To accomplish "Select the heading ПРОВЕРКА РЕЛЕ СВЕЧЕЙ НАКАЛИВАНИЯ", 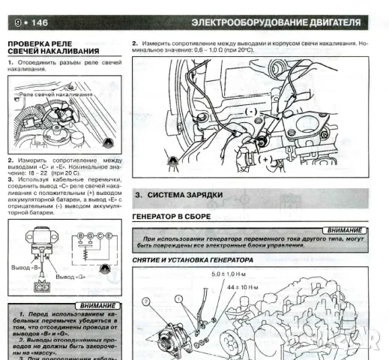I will (x=52, y=47).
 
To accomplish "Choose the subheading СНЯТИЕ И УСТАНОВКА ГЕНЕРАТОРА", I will (x=193, y=259).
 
